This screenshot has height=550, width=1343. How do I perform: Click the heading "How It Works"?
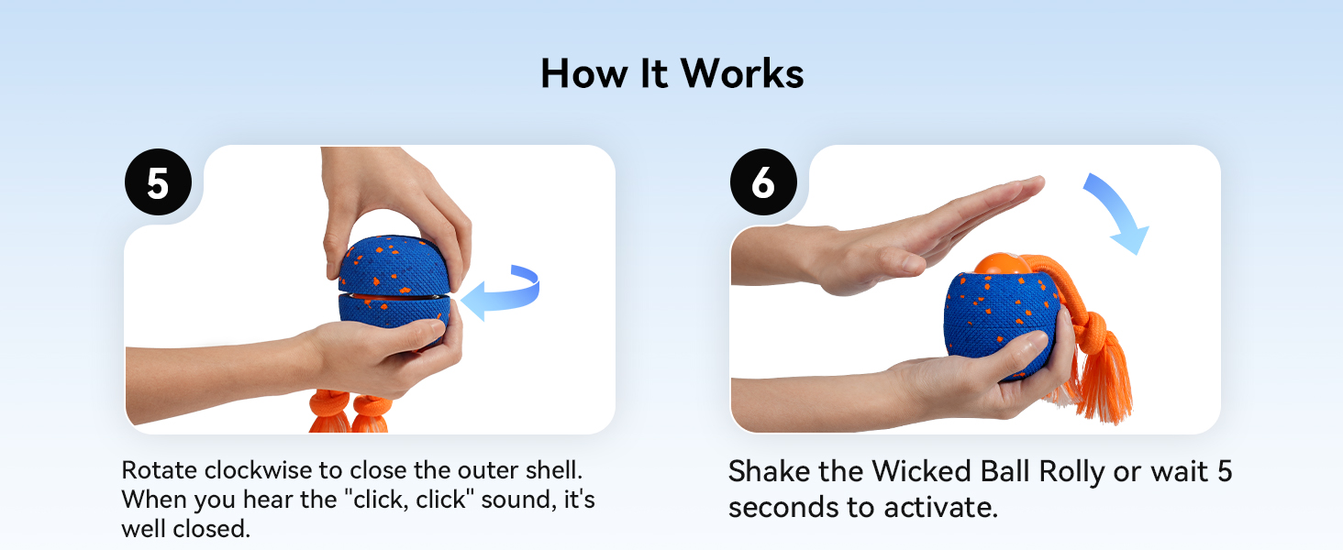(x=671, y=73)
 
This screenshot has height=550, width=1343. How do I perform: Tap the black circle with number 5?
(x=158, y=182)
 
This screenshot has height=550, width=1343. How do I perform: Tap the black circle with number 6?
(x=763, y=182)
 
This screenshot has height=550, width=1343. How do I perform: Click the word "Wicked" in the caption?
(x=922, y=472)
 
